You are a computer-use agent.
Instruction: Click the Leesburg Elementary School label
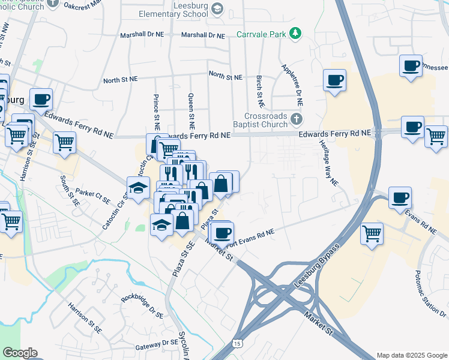172,14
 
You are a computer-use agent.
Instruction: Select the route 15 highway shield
237,343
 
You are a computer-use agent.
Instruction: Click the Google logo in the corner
20,352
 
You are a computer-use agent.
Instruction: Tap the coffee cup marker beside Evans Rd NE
400,197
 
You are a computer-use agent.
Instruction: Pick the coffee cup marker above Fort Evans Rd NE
222,232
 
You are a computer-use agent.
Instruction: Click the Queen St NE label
191,112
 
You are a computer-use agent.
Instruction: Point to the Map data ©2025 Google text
412,355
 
